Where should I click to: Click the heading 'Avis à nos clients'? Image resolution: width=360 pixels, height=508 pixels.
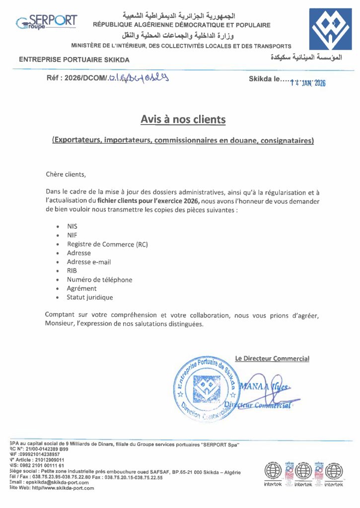183,120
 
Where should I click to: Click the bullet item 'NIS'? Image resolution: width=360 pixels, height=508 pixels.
72,226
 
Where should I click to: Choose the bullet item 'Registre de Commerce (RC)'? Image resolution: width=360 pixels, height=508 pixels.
107,244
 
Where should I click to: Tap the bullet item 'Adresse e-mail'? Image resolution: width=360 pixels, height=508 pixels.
89,262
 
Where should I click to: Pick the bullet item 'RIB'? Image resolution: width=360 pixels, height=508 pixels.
72,271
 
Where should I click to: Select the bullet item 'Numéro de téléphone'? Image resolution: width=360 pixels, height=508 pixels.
99,280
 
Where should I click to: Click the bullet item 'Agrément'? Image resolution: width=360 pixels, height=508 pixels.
82,289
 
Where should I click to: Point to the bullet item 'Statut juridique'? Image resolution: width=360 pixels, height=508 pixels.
90,298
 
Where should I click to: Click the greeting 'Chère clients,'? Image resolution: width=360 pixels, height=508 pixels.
66,174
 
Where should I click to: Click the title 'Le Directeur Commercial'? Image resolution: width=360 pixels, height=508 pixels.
272,359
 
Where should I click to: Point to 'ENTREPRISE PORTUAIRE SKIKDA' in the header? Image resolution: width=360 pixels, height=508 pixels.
74,60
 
